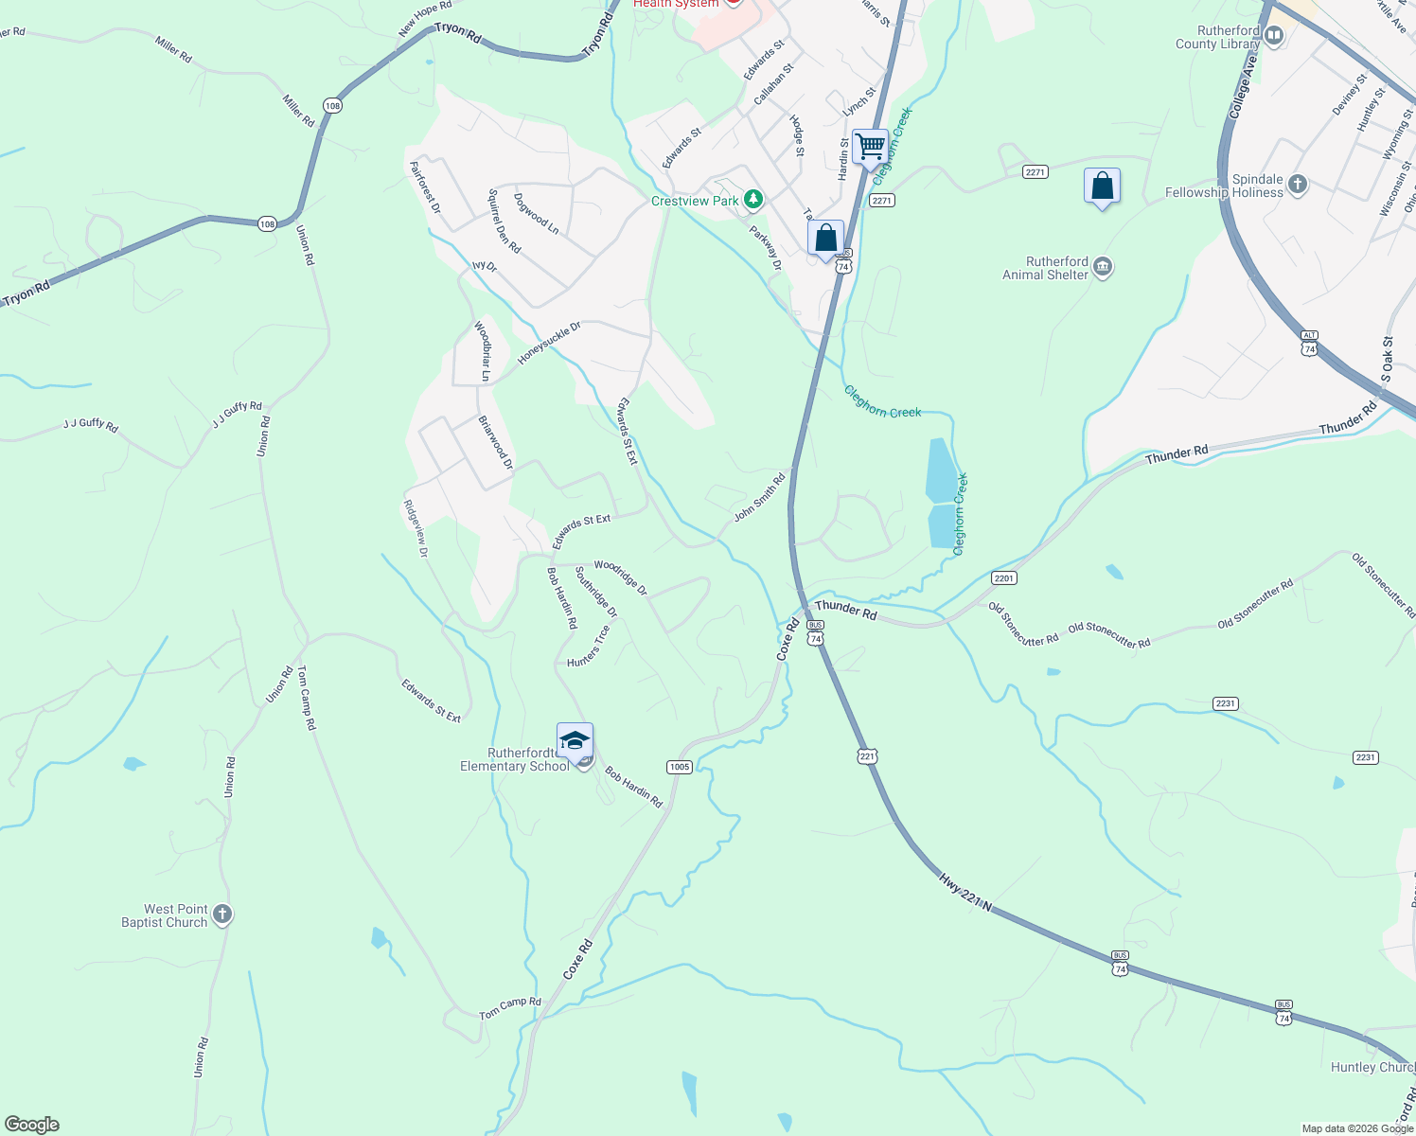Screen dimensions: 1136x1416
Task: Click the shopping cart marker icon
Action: point(870,148)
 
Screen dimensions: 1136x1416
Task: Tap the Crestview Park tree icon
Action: point(753,200)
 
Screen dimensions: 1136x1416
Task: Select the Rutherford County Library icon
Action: point(1273,37)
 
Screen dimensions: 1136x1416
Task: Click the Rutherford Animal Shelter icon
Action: point(1103,268)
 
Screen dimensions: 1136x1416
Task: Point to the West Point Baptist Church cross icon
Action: point(222,914)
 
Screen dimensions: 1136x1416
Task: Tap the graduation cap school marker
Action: point(575,740)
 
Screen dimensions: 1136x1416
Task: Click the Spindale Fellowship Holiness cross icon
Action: point(1298,185)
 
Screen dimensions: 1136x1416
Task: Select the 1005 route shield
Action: point(679,767)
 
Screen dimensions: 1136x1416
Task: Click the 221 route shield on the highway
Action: point(868,755)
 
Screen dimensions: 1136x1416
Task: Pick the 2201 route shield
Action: point(1003,577)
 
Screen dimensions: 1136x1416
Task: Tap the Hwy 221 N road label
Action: point(965,893)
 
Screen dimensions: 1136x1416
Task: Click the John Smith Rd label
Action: point(760,498)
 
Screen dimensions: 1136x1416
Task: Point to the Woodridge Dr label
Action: point(621,577)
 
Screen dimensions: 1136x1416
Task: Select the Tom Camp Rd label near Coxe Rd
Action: point(510,1008)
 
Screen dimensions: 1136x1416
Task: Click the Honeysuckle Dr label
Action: point(549,344)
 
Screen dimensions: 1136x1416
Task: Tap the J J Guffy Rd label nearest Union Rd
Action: point(237,414)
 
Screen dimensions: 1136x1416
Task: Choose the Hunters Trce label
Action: point(589,646)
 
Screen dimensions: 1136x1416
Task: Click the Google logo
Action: point(32,1125)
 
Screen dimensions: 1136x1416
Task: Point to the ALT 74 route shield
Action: point(1309,344)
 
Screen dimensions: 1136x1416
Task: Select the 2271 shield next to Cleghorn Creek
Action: point(882,201)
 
